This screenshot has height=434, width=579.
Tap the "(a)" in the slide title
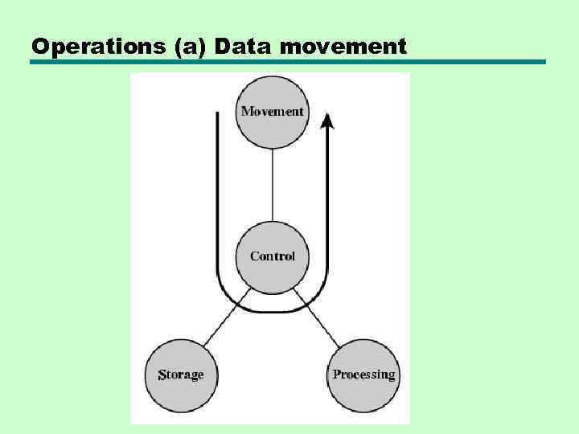(189, 47)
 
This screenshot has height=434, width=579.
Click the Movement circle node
(273, 111)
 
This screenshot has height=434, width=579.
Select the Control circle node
(273, 256)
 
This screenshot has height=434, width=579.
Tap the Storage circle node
(181, 375)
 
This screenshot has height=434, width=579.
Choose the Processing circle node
(363, 375)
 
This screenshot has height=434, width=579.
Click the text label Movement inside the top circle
(273, 111)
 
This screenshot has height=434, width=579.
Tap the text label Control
(273, 256)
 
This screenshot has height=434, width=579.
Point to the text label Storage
(181, 375)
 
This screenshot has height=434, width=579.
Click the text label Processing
(363, 375)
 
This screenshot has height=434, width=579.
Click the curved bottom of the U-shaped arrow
(272, 310)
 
